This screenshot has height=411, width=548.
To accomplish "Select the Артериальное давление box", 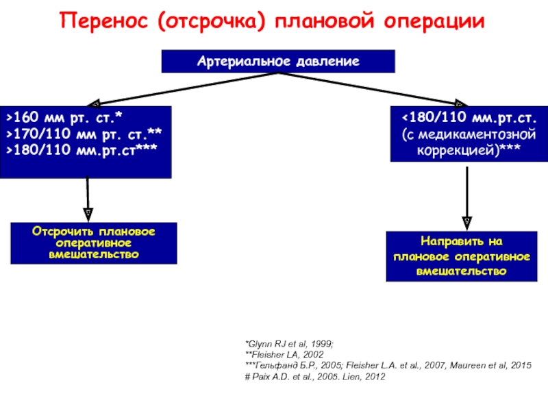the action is pos(278,62).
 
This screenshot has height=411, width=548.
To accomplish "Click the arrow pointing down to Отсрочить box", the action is pos(88,199).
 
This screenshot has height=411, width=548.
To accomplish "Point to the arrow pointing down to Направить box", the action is pos(467,199).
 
